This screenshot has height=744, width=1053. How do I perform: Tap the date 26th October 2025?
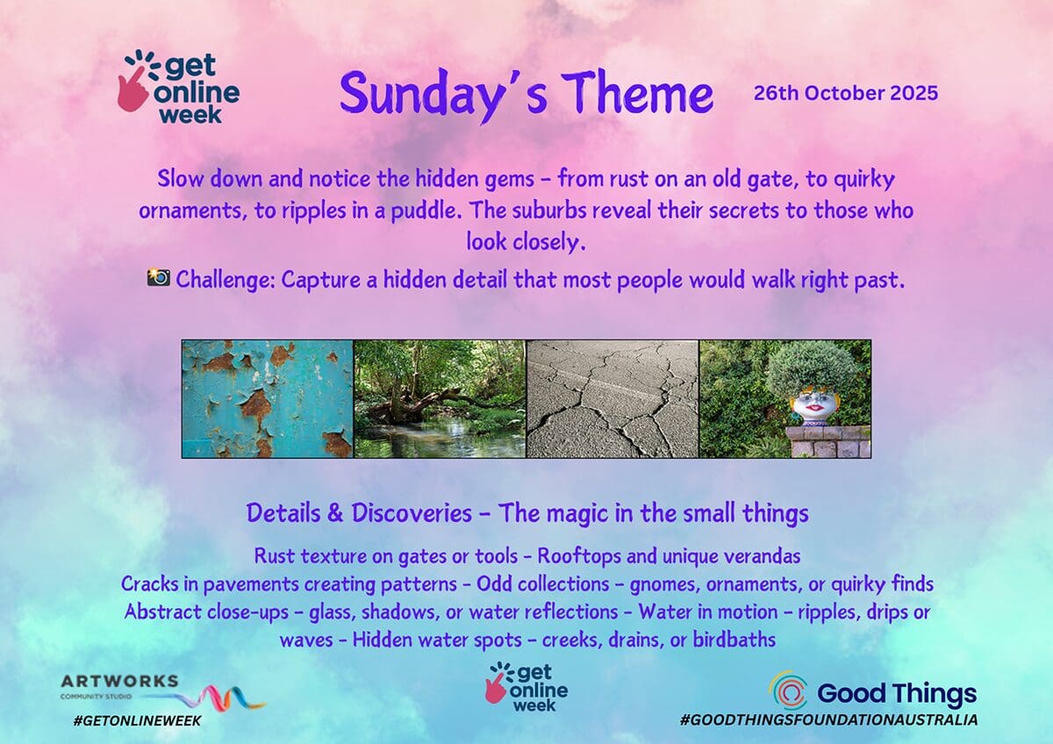point(846,93)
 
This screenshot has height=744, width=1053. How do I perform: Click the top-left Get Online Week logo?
point(179,87)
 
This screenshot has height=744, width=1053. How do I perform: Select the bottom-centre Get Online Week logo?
point(526,687)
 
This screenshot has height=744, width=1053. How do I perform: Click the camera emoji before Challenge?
point(159,277)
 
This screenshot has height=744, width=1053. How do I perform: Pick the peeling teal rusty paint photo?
point(268,398)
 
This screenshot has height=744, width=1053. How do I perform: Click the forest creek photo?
point(440,398)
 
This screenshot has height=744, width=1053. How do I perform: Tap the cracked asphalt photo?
point(612,398)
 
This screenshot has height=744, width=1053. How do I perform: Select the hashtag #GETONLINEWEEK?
point(137,721)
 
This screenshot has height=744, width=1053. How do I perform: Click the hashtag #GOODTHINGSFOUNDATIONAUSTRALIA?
point(828,719)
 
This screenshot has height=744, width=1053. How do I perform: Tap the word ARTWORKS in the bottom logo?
point(119,681)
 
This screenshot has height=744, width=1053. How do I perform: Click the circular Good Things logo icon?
point(788,690)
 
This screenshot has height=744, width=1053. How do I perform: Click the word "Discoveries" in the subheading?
point(412,512)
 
